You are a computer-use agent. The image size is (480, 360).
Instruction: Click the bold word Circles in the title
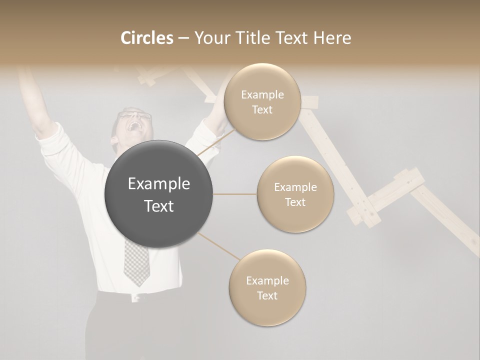coord(147,38)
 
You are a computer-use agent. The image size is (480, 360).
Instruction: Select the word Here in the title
coord(333,38)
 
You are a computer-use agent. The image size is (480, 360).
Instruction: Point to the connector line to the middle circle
coord(234,194)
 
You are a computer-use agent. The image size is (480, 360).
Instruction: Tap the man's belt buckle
coord(134,298)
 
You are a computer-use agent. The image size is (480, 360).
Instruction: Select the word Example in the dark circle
coord(158,184)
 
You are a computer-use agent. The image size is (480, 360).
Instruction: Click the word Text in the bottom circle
coord(267,295)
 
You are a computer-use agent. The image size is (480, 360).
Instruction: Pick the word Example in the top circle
coord(262,94)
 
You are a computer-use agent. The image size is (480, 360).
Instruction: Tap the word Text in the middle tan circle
coord(295,202)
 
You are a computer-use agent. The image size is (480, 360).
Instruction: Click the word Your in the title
coord(210,38)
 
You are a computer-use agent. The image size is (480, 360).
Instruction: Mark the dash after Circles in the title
coord(183,38)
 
